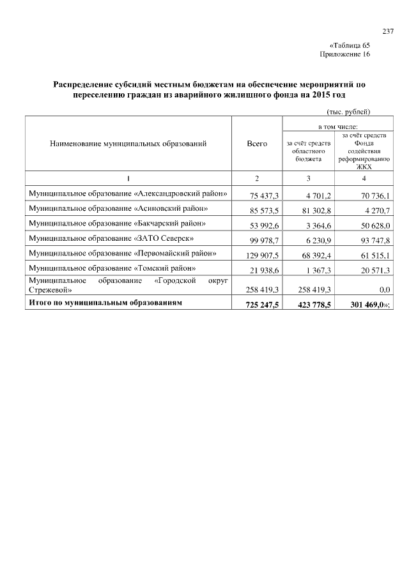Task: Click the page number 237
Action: click(x=388, y=31)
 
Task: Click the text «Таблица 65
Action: click(x=350, y=45)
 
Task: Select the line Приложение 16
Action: click(x=344, y=54)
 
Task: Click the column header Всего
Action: click(x=256, y=144)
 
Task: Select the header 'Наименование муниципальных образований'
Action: click(x=128, y=144)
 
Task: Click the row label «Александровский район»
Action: click(x=127, y=192)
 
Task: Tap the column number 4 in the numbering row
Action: click(x=363, y=177)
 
